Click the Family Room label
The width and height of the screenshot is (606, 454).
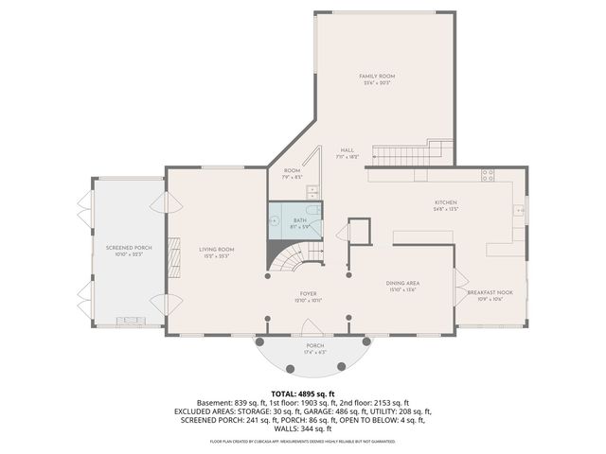(x=377, y=76)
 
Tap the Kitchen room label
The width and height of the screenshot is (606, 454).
(x=446, y=202)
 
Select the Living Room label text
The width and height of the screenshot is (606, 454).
(x=216, y=250)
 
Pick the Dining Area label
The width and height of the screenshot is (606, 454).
(x=402, y=283)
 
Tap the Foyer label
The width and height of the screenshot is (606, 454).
(x=308, y=292)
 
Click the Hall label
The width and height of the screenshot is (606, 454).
(x=348, y=150)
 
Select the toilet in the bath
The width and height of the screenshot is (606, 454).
(x=312, y=212)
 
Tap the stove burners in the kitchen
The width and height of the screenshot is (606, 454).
(x=488, y=174)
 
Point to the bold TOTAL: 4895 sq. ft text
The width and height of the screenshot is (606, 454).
(x=302, y=393)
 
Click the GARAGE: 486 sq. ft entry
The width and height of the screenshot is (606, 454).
(x=360, y=411)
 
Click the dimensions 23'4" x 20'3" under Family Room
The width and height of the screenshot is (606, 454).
(x=377, y=83)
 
